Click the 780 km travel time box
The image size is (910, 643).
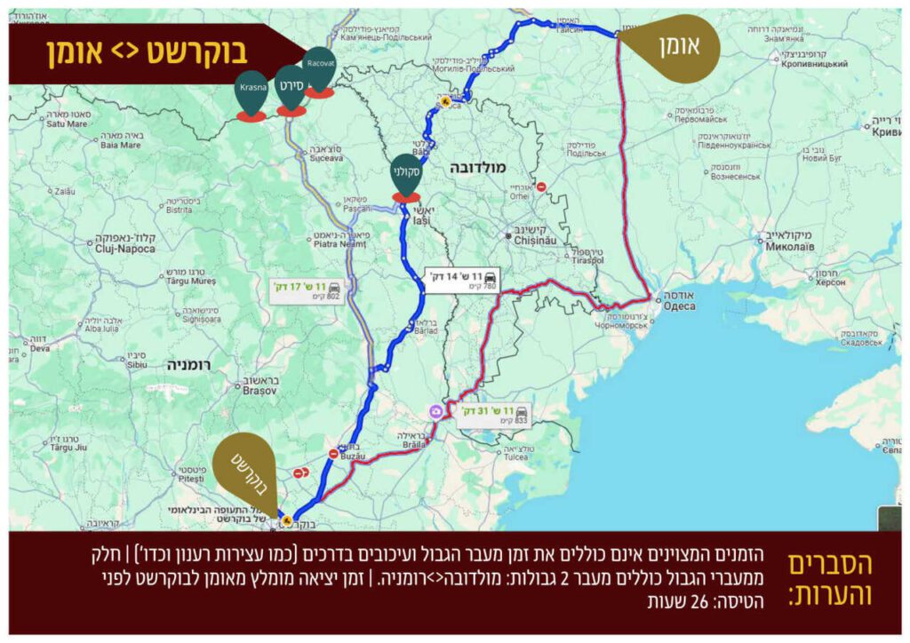pyautogui.click(x=462, y=280)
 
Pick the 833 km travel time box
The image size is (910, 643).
pyautogui.click(x=494, y=414)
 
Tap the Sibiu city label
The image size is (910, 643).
pyautogui.click(x=136, y=364)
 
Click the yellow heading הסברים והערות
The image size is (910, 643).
pyautogui.click(x=830, y=579)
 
